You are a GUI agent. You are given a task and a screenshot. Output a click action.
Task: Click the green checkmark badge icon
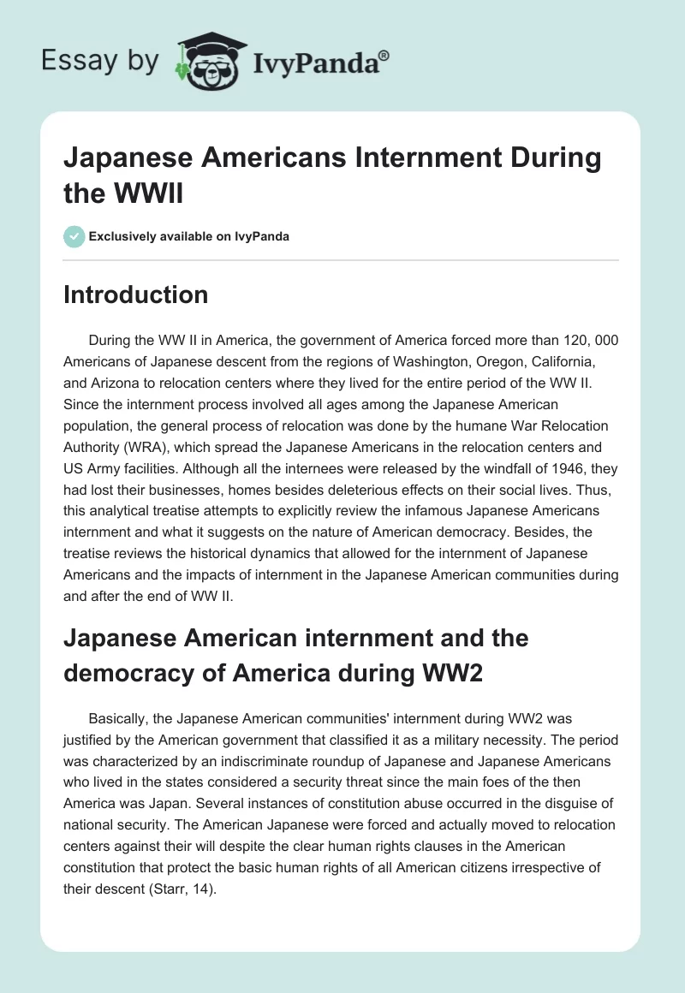click(x=74, y=237)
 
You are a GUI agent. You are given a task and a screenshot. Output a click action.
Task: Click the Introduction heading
click(x=136, y=294)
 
